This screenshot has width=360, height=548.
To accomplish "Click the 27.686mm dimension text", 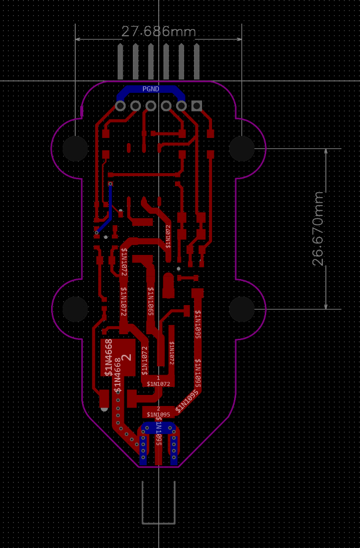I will [158, 32].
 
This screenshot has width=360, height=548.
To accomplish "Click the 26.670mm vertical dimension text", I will [318, 228].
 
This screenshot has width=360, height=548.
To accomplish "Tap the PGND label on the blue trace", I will [150, 89].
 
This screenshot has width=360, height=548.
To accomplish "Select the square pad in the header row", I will [197, 106].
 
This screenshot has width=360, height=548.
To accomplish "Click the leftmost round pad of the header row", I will [120, 106].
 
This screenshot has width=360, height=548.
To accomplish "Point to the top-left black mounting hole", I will [75, 149].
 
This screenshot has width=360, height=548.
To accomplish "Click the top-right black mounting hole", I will [242, 149].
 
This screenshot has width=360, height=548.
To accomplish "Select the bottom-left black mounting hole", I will [75, 309].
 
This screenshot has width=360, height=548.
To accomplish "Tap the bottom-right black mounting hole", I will [242, 309].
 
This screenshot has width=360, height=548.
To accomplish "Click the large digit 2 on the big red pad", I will [127, 357].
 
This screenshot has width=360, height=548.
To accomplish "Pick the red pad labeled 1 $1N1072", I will [158, 381].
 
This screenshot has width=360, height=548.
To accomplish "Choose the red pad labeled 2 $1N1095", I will [158, 412].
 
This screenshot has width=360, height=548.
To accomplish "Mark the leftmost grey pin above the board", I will [120, 61].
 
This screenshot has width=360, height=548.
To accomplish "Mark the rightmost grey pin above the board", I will [197, 61].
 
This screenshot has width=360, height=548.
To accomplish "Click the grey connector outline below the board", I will [158, 522].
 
